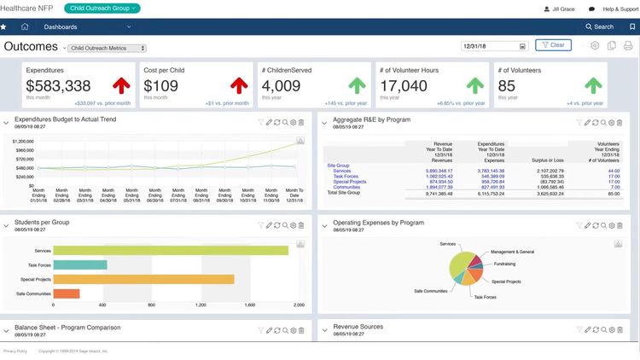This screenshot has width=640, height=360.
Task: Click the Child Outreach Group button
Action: point(102,8)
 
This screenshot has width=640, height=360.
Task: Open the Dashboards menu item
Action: point(61,26)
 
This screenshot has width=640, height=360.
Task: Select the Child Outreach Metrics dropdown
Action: point(107,48)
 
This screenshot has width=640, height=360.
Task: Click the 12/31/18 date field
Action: point(491,46)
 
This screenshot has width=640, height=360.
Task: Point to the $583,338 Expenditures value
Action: point(58,86)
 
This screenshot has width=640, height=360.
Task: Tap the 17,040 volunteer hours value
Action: point(404,86)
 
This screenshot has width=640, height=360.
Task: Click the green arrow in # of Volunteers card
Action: point(594,85)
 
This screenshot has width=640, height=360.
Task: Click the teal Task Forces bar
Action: point(79,264)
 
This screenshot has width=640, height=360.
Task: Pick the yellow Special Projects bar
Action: point(143,279)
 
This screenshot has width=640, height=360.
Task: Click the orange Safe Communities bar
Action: point(66,293)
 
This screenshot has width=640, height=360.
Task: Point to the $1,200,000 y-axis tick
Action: point(23,141)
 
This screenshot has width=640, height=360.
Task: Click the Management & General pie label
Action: point(512,252)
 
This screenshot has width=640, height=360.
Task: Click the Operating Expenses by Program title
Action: point(378,222)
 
